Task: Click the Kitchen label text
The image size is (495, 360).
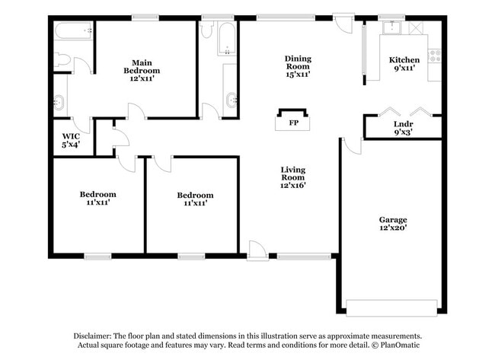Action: (404, 64)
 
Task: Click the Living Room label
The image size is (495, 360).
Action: (293, 177)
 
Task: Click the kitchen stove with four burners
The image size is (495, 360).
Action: (436, 56)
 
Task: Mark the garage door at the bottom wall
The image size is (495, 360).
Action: (393, 307)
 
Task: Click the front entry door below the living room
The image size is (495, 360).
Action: (257, 250)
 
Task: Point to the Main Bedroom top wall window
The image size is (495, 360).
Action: (144, 17)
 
